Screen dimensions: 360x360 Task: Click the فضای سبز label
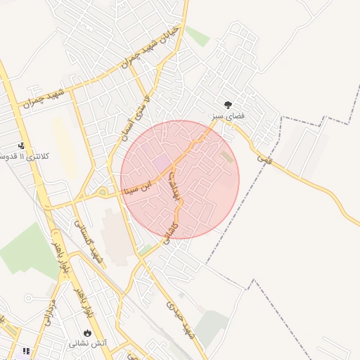pyautogui.click(x=225, y=114)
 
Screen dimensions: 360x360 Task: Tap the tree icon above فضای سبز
pyautogui.click(x=226, y=104)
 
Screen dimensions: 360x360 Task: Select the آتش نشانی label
pyautogui.click(x=87, y=343)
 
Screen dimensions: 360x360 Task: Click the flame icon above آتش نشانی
pyautogui.click(x=87, y=333)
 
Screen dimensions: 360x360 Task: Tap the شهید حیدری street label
pyautogui.click(x=179, y=321)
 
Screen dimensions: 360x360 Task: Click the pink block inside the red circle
pyautogui.click(x=162, y=163)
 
